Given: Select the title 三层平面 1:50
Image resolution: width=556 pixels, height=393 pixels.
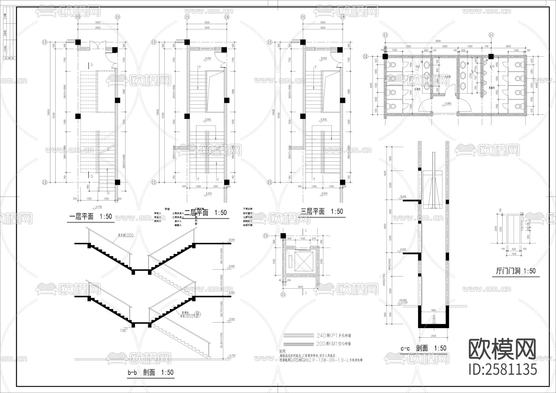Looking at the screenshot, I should (322, 212).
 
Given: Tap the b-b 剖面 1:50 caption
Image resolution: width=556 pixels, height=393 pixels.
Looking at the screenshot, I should (150, 372).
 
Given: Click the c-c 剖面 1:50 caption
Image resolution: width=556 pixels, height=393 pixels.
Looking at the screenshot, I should (423, 348).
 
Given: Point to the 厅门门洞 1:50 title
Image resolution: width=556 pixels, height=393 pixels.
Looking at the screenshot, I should (516, 271).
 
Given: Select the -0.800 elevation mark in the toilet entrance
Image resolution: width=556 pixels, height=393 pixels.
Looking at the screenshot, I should (447, 104).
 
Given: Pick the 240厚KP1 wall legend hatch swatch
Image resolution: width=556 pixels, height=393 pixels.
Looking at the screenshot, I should (298, 335).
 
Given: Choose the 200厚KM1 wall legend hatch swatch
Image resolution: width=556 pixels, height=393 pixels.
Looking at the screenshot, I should (298, 344).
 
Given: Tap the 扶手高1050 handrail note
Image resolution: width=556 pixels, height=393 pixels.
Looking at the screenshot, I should (125, 235).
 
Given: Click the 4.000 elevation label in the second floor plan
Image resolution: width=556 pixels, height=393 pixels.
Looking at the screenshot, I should (208, 58).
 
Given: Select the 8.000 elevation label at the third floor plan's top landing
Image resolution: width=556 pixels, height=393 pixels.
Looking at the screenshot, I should (324, 58).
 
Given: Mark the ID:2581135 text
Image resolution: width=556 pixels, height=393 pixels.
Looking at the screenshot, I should (503, 369).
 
